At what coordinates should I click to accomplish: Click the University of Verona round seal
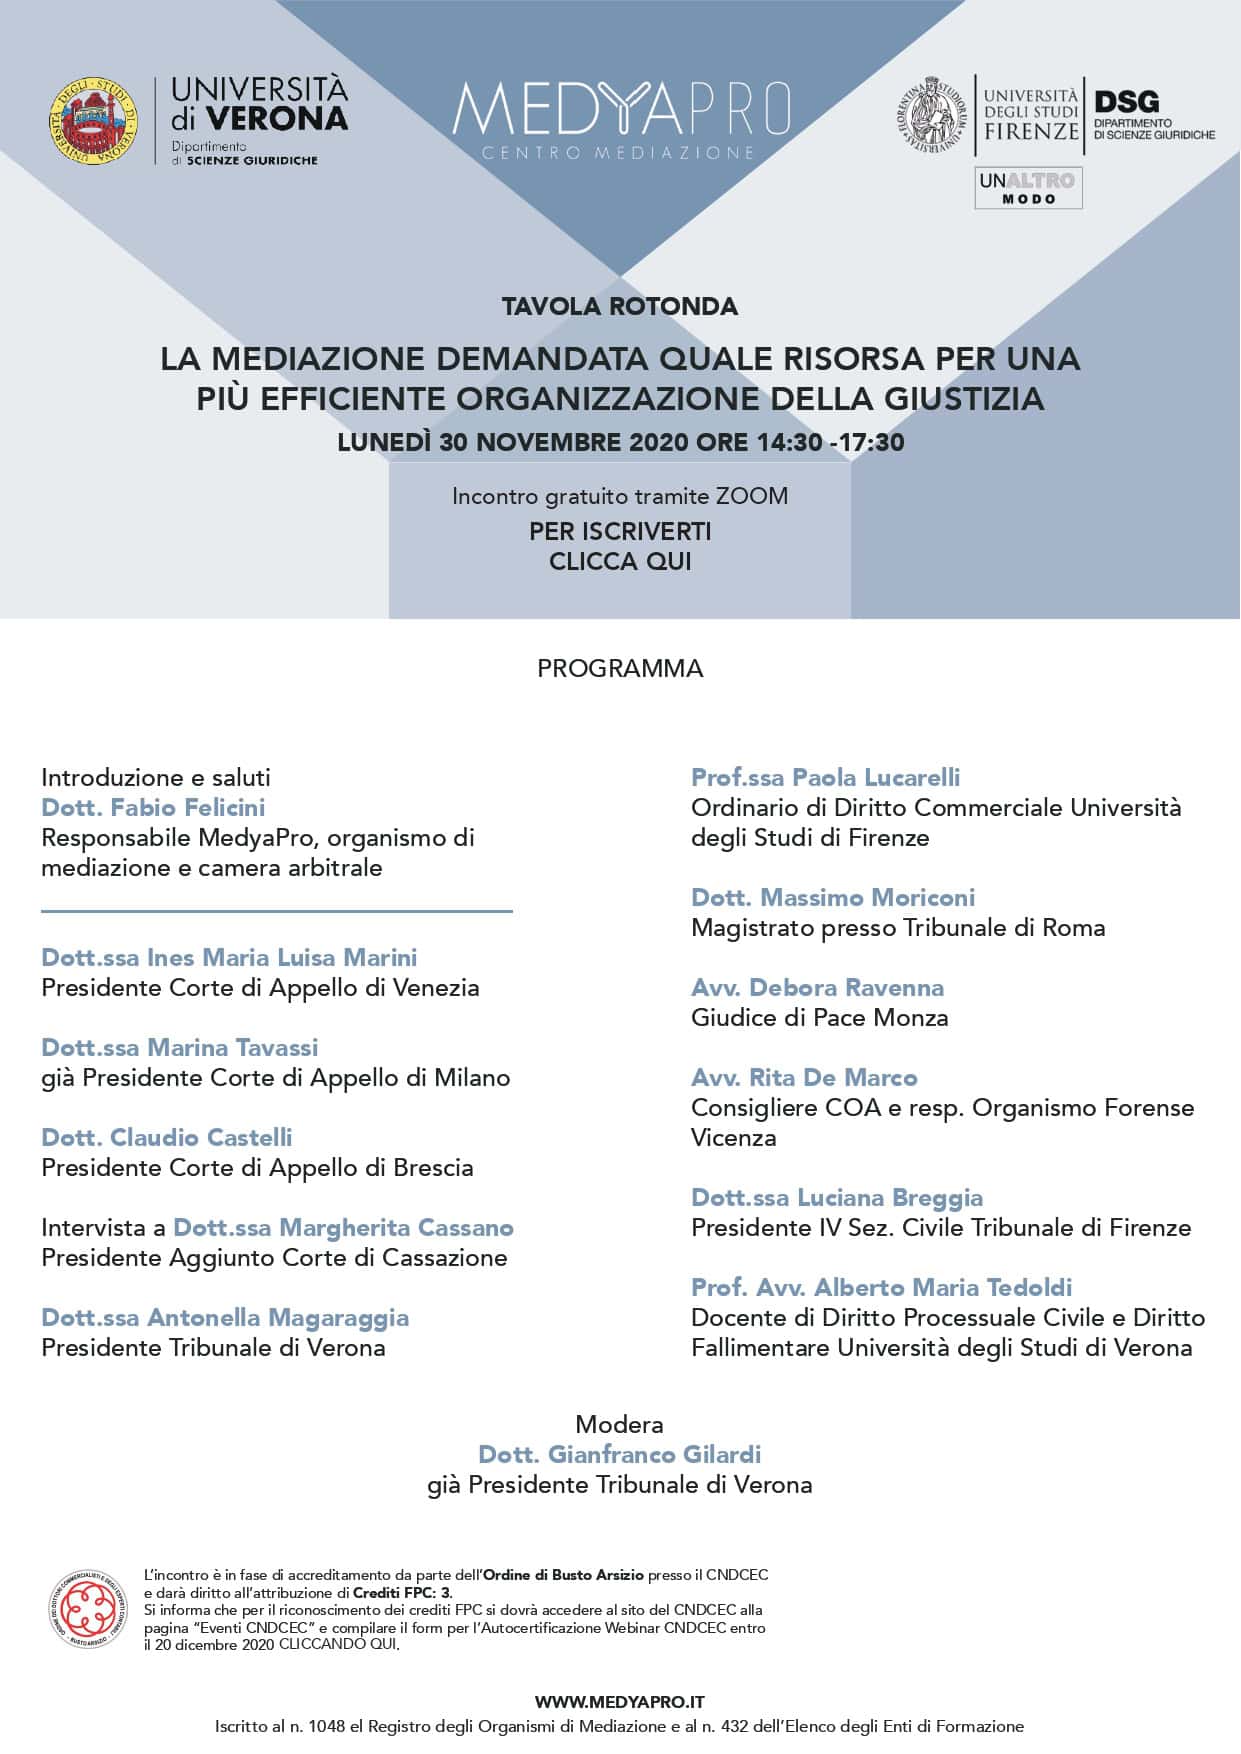click(94, 121)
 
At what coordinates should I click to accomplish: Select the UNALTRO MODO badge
click(1028, 188)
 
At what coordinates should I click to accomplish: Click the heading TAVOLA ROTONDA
click(620, 306)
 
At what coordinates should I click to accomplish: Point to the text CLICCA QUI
click(620, 561)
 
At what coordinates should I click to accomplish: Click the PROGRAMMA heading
click(620, 668)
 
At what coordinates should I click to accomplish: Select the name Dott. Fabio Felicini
click(153, 807)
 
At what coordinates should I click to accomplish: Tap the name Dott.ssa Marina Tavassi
click(180, 1047)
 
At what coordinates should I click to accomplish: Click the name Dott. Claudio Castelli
click(167, 1137)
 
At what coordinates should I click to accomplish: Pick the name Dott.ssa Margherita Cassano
click(343, 1227)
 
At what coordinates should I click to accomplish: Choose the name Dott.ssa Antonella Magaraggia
click(225, 1317)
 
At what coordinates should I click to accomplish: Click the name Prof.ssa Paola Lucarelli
click(825, 777)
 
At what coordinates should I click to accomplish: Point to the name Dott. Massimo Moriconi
click(833, 897)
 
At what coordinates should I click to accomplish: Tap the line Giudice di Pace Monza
click(819, 1017)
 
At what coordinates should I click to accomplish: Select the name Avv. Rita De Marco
click(804, 1077)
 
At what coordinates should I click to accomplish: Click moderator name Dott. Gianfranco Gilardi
click(620, 1454)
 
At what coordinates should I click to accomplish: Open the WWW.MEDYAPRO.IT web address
click(620, 1701)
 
